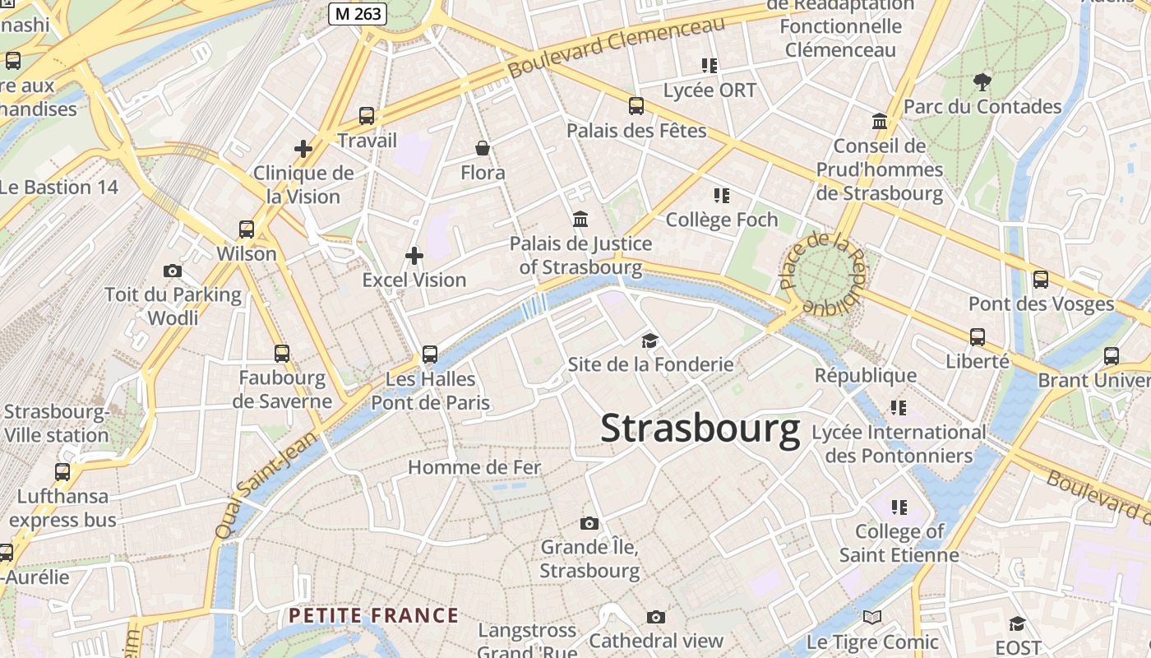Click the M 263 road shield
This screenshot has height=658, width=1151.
(358, 13)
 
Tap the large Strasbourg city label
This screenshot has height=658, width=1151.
(700, 429)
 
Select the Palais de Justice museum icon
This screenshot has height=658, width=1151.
(580, 219)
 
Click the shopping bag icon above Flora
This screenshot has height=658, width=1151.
(483, 148)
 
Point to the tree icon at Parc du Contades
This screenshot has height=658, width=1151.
(982, 81)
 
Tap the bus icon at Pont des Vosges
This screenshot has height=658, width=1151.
(1041, 280)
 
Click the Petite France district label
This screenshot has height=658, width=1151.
(373, 615)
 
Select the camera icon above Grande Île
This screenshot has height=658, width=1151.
(589, 523)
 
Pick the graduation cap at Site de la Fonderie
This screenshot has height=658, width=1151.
(650, 341)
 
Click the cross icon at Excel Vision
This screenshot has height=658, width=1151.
(414, 256)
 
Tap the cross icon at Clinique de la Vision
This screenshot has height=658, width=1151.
(303, 149)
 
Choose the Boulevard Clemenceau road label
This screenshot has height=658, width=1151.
(617, 46)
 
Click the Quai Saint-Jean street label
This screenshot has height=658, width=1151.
(266, 486)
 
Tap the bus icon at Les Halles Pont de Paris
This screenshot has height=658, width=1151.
(430, 354)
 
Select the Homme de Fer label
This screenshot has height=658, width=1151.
(474, 468)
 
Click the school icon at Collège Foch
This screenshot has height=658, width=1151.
(722, 196)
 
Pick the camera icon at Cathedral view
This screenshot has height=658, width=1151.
(655, 617)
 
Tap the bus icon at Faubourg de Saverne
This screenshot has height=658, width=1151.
(282, 354)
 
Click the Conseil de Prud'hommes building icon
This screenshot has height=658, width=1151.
(881, 122)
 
